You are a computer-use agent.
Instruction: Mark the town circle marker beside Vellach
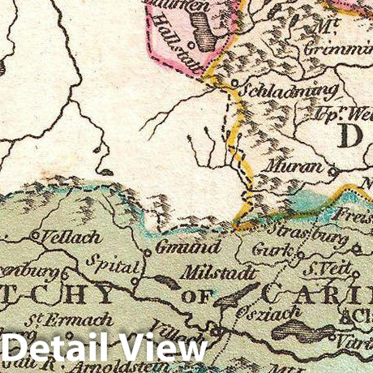click(35, 235)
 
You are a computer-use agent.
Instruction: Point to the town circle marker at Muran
click(332, 170)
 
